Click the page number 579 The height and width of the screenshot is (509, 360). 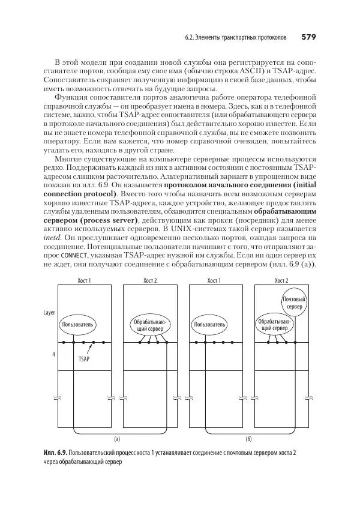click(x=308, y=37)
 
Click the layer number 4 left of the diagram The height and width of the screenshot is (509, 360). click(x=53, y=355)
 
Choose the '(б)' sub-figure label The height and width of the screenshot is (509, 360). click(x=248, y=439)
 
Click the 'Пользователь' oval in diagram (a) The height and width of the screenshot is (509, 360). click(x=77, y=325)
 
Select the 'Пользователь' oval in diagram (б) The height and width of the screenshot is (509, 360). click(x=210, y=325)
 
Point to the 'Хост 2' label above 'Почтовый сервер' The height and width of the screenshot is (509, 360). click(x=281, y=280)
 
